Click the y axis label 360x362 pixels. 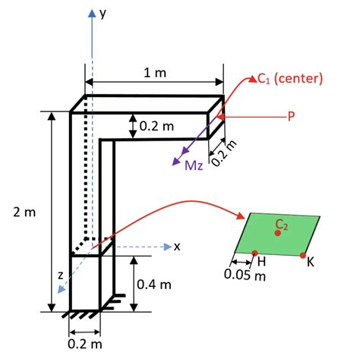103,12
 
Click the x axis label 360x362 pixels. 177,246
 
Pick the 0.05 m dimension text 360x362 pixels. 245,275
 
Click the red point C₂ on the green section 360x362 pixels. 278,233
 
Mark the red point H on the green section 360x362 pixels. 254,253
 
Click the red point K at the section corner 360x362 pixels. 304,254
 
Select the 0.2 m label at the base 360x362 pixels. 84,345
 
